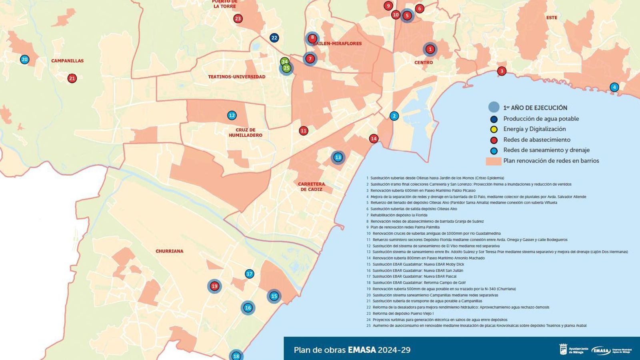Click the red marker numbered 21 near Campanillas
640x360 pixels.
(72, 78)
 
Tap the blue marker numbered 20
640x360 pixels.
(25, 60)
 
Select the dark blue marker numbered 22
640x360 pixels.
(274, 38)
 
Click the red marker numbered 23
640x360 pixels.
(238, 18)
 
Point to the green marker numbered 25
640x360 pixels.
(286, 68)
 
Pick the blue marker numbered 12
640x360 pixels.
(232, 116)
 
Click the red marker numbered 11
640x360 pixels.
(304, 131)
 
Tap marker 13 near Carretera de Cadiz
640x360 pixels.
(338, 157)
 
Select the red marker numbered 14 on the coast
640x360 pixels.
(374, 139)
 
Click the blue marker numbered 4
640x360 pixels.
(614, 87)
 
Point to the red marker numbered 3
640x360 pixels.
(502, 71)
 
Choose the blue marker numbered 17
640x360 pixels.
(249, 274)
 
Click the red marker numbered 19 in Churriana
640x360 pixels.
(214, 286)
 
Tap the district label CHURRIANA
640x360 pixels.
(169, 251)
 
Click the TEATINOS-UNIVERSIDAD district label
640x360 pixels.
(236, 77)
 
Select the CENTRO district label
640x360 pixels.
(424, 62)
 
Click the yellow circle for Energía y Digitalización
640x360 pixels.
(494, 129)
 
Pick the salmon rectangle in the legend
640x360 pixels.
(494, 161)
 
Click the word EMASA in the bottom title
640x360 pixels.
(362, 350)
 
